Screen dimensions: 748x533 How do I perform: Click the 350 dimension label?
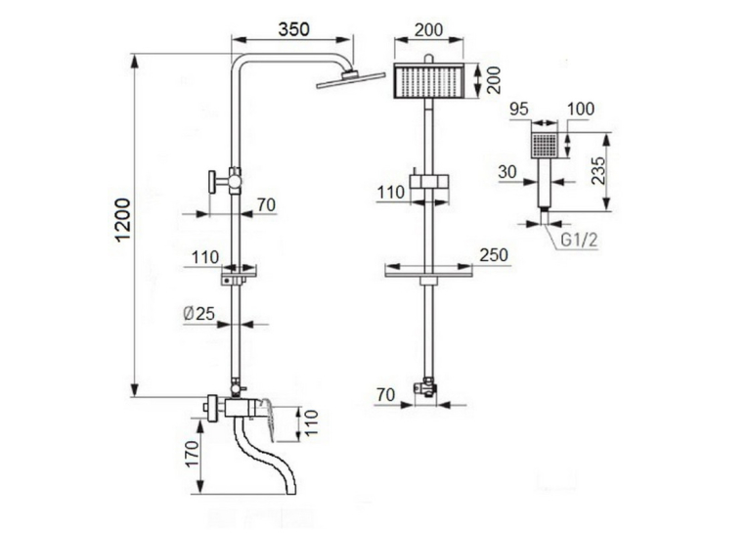click(294, 29)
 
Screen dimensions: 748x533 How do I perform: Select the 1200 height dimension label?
click(123, 220)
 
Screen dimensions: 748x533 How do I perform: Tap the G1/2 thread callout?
click(579, 240)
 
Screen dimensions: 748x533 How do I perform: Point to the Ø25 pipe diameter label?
click(199, 314)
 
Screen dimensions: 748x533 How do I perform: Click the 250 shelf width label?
click(494, 255)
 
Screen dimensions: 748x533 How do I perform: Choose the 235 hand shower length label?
click(597, 170)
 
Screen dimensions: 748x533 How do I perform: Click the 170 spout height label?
click(192, 454)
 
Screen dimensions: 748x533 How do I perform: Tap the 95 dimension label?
click(519, 109)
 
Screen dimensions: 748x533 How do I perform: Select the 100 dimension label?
click(581, 109)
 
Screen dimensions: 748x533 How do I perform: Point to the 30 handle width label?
click(507, 172)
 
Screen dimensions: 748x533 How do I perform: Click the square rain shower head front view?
click(429, 80)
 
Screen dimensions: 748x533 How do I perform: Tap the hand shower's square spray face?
click(545, 145)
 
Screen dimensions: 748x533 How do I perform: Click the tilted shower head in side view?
click(351, 79)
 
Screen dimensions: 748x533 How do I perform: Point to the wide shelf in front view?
click(429, 275)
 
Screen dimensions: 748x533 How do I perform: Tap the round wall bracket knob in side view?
click(211, 182)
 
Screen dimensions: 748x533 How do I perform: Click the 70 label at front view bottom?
click(386, 395)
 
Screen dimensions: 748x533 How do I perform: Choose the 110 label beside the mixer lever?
click(311, 422)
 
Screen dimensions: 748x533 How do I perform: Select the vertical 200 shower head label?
click(495, 79)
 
